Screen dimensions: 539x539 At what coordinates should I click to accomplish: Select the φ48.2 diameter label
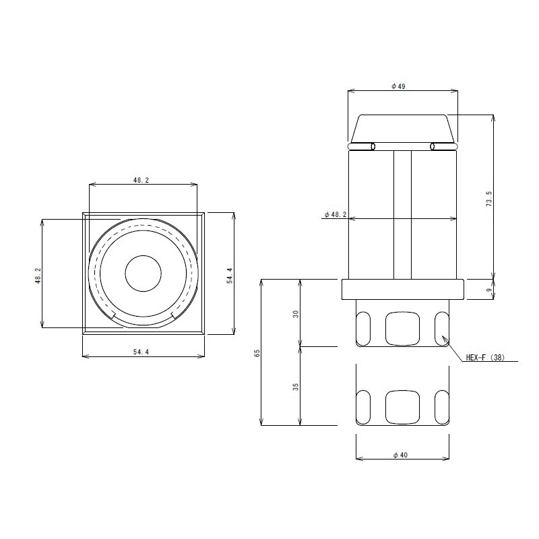pyautogui.click(x=335, y=214)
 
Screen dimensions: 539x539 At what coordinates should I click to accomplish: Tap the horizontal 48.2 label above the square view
pyautogui.click(x=141, y=180)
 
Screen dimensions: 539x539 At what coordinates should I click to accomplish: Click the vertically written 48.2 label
pyautogui.click(x=38, y=275)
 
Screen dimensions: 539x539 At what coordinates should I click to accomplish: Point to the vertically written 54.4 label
pyautogui.click(x=230, y=275)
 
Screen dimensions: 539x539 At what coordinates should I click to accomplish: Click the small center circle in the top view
pyautogui.click(x=144, y=274)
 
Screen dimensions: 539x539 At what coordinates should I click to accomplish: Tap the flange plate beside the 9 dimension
pyautogui.click(x=402, y=289)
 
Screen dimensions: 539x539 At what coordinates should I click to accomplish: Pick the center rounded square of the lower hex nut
pyautogui.click(x=402, y=408)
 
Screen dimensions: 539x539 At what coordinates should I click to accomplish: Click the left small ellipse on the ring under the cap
pyautogui.click(x=373, y=146)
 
